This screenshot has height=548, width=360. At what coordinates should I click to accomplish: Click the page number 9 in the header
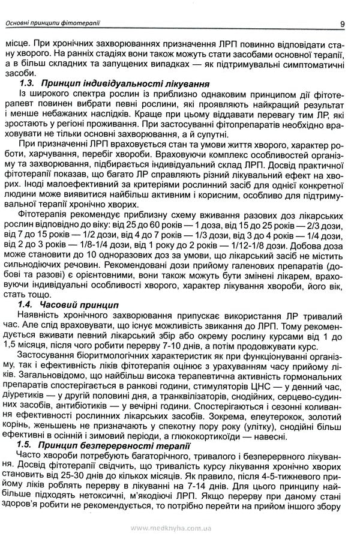coord(341,24)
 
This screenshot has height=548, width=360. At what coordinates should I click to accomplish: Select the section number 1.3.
coord(27,83)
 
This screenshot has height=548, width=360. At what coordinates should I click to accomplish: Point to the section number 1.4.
coord(27,305)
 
